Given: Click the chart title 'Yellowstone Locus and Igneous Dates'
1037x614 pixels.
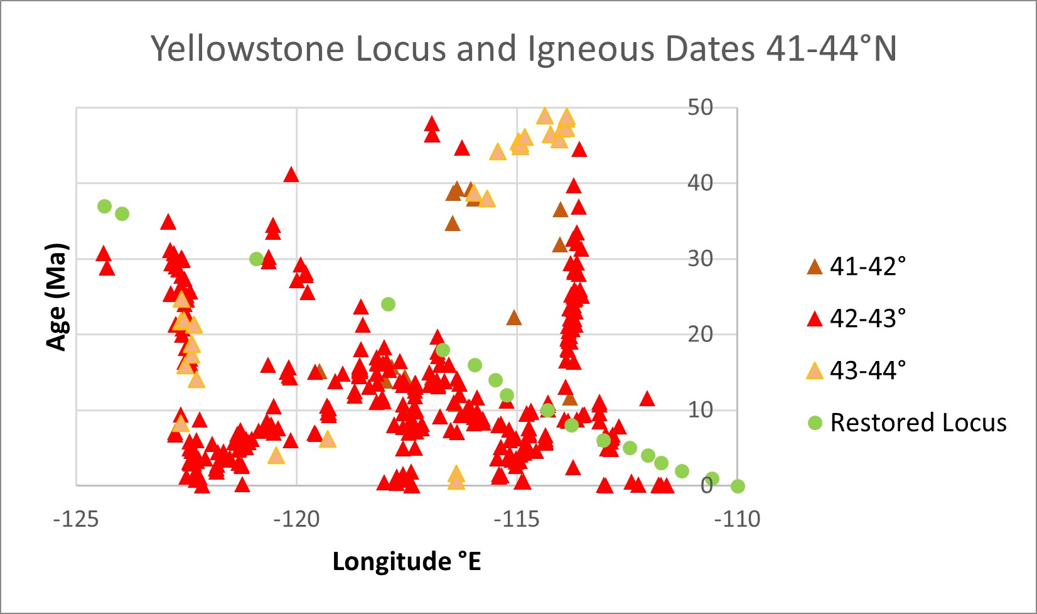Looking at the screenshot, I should pyautogui.click(x=524, y=48).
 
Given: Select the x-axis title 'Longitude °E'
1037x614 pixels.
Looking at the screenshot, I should pyautogui.click(x=406, y=561).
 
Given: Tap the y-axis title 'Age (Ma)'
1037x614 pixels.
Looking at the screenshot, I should pyautogui.click(x=56, y=296).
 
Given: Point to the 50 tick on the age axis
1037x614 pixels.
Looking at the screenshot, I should pyautogui.click(x=700, y=107).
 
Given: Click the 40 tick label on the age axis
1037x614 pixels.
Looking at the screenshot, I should pyautogui.click(x=700, y=183).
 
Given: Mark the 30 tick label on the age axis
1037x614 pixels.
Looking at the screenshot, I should pyautogui.click(x=700, y=259).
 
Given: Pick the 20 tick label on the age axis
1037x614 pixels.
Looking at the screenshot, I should pyautogui.click(x=700, y=334).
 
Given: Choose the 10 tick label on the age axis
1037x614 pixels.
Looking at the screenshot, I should pyautogui.click(x=700, y=410).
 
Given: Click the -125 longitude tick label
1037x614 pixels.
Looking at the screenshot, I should pyautogui.click(x=76, y=519).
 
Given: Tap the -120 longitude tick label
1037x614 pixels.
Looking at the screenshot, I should pyautogui.click(x=296, y=519).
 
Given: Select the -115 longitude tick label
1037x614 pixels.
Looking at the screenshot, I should pyautogui.click(x=517, y=519).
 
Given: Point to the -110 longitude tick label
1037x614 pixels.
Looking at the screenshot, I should pyautogui.click(x=737, y=519).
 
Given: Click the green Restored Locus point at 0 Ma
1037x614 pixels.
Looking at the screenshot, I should pyautogui.click(x=738, y=486).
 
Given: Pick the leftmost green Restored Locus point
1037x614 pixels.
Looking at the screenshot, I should pyautogui.click(x=105, y=206).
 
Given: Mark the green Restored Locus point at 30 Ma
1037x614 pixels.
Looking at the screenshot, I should pyautogui.click(x=256, y=259).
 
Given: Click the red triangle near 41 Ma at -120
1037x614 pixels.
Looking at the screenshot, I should pyautogui.click(x=291, y=175).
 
